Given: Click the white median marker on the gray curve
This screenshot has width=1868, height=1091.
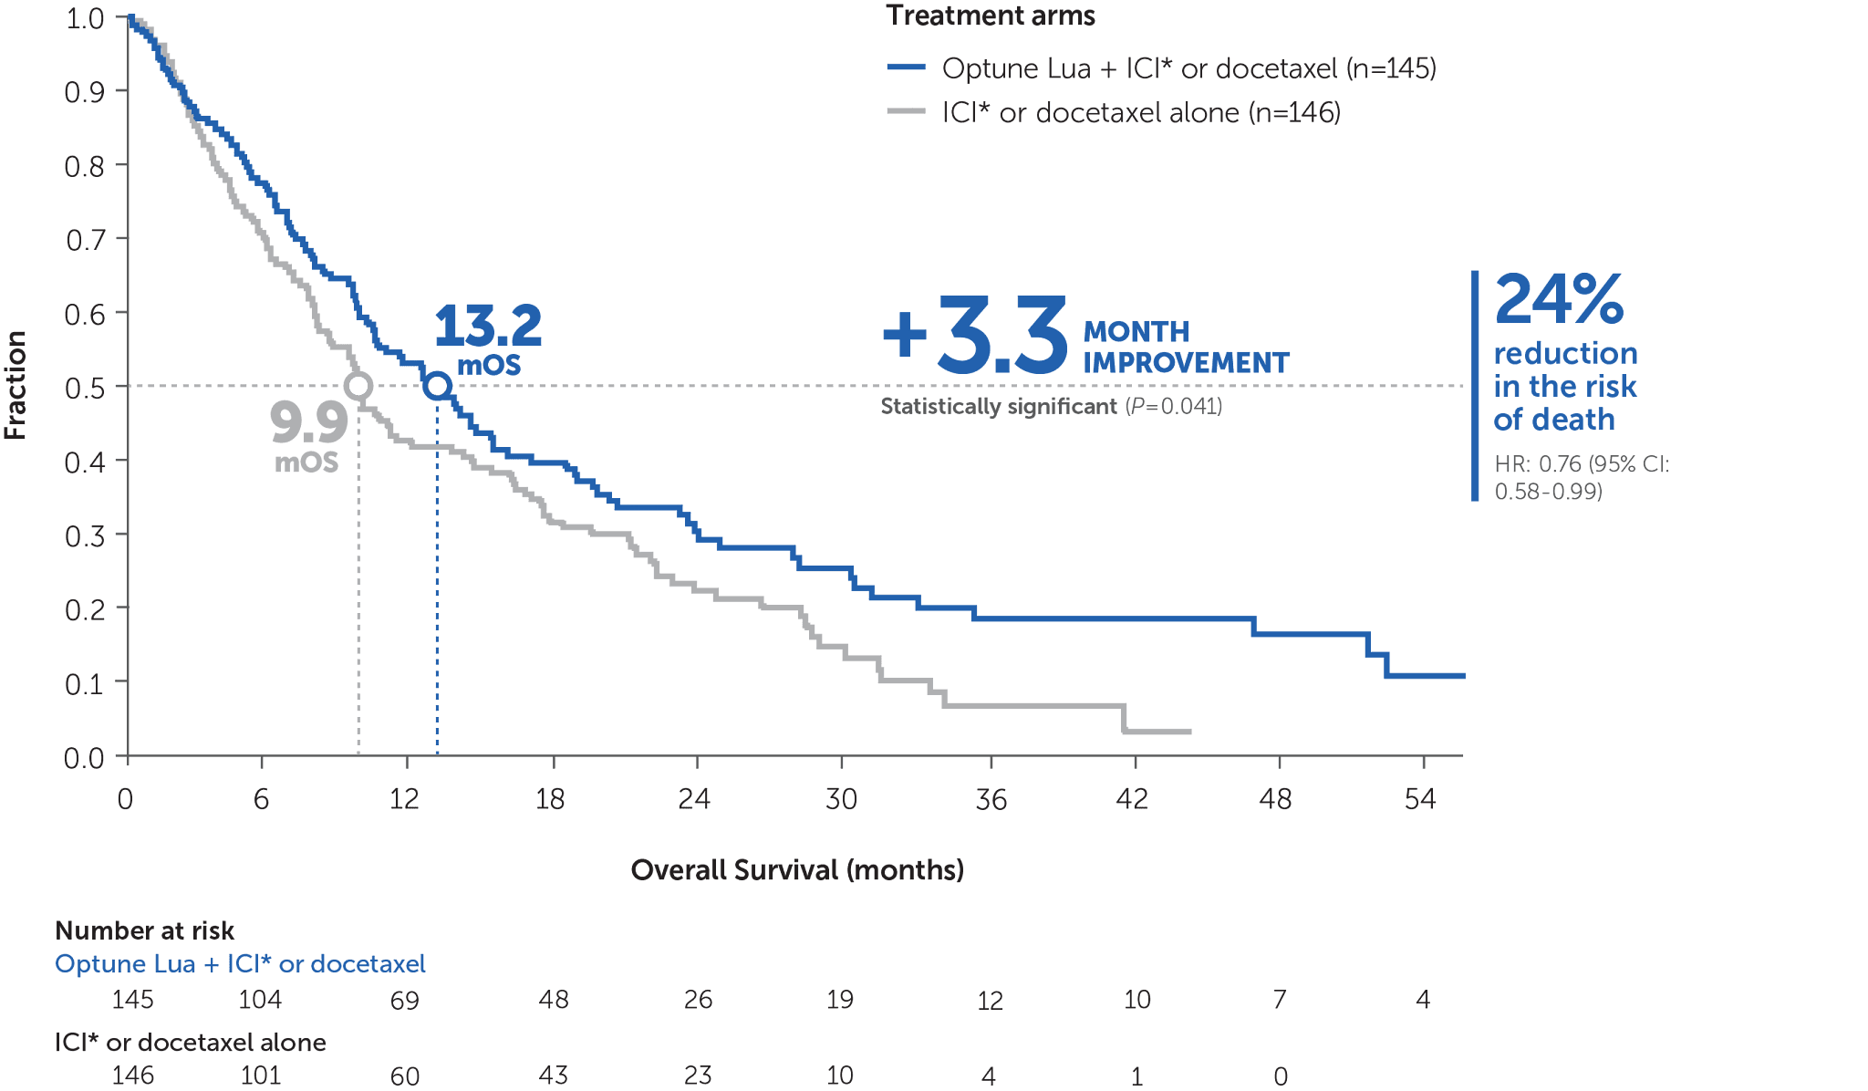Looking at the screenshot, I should click(358, 386).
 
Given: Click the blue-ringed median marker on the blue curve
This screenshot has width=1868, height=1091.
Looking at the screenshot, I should click(438, 386).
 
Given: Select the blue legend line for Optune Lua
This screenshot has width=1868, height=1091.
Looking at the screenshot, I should click(907, 68).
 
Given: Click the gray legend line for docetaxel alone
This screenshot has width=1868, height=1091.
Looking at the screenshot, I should click(907, 112).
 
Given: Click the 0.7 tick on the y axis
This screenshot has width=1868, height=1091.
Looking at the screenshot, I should click(86, 240).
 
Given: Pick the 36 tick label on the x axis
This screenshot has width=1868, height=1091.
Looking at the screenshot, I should click(991, 800).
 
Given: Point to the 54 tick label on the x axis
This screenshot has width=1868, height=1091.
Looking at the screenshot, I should click(1420, 800).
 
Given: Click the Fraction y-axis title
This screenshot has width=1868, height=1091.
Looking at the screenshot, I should click(16, 385).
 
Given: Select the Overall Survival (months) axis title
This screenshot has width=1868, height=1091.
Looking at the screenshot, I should click(797, 869).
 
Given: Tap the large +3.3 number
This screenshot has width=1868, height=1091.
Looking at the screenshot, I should click(976, 335).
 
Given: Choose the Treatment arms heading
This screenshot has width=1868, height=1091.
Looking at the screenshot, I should click(991, 16).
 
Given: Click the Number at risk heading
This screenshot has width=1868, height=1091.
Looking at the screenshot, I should click(145, 930).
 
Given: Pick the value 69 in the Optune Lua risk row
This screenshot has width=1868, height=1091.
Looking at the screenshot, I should click(404, 1001).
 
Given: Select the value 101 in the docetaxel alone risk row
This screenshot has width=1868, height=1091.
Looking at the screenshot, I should click(261, 1075).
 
